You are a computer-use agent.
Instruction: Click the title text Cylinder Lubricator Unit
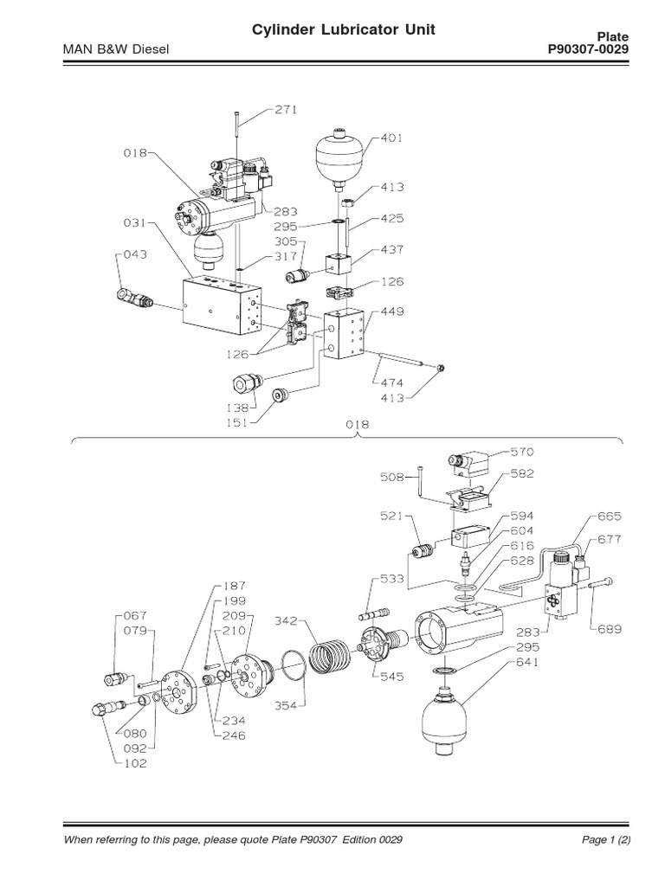[343, 31]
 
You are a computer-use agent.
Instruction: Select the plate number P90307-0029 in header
[588, 50]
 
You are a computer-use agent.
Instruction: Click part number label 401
[391, 138]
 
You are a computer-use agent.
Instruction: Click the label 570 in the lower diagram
[522, 452]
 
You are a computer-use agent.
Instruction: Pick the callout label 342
[287, 621]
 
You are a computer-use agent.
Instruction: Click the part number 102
[135, 763]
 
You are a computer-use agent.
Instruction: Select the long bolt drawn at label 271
[235, 137]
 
